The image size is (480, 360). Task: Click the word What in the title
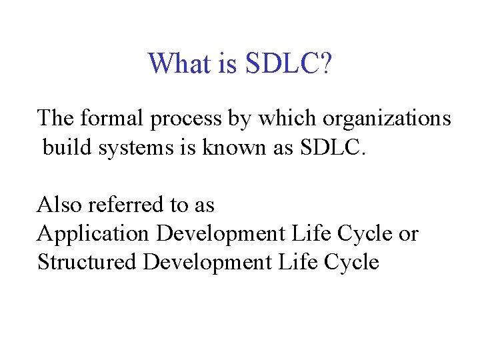coord(176,64)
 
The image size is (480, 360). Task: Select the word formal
coord(112,119)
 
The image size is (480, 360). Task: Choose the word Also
coord(59,204)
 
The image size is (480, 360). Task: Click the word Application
coord(93,234)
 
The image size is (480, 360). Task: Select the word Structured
coord(87,262)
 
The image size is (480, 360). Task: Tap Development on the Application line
coord(221,234)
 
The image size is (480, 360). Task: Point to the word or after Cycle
coord(408,234)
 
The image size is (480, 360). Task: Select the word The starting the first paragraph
coord(55,119)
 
